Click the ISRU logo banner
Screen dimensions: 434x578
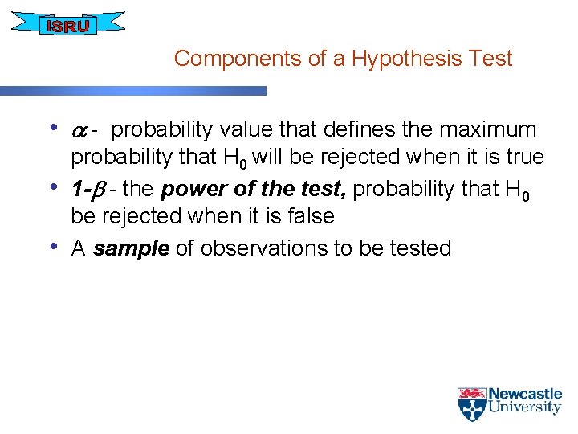coord(67,25)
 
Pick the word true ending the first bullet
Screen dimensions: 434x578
coord(523,156)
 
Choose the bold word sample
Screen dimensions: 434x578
coord(131,248)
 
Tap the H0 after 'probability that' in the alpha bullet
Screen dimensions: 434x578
coord(233,158)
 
